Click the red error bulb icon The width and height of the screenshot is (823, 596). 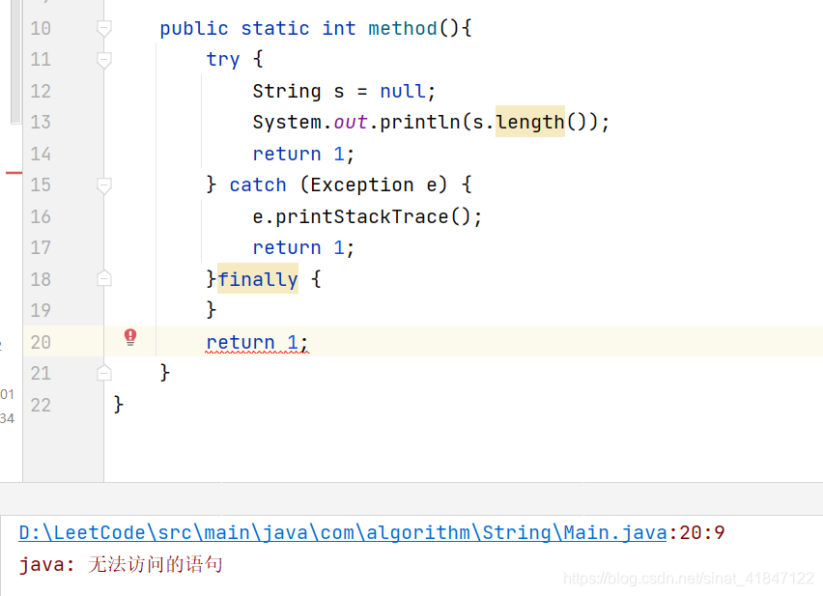pyautogui.click(x=130, y=337)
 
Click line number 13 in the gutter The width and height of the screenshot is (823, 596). pyautogui.click(x=41, y=122)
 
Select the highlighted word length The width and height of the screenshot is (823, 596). pyautogui.click(x=530, y=122)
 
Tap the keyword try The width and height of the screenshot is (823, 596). pyautogui.click(x=223, y=60)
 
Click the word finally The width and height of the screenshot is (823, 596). pyautogui.click(x=258, y=280)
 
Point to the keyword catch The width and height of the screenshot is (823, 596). pyautogui.click(x=258, y=185)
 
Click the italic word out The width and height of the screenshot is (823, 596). pyautogui.click(x=351, y=123)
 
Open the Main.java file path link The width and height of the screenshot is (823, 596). pyautogui.click(x=342, y=532)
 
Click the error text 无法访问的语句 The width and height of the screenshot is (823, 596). pyautogui.click(x=156, y=564)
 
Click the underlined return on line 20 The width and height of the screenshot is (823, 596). pyautogui.click(x=241, y=342)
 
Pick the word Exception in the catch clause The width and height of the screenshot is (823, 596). pyautogui.click(x=362, y=185)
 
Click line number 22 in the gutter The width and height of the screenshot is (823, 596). pyautogui.click(x=41, y=405)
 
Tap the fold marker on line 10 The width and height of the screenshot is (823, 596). pyautogui.click(x=104, y=29)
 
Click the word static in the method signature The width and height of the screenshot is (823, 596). pyautogui.click(x=275, y=29)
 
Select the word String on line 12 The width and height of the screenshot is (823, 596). pyautogui.click(x=287, y=92)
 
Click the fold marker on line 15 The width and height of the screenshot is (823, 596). pyautogui.click(x=104, y=185)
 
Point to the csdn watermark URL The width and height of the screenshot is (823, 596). pyautogui.click(x=689, y=579)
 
